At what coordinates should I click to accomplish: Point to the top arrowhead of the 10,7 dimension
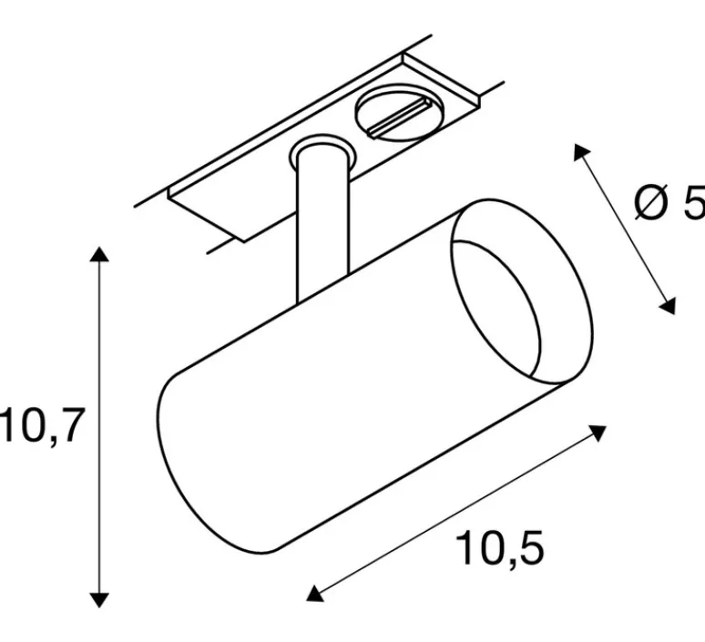(x=100, y=254)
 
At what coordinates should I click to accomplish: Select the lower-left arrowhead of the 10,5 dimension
(x=314, y=594)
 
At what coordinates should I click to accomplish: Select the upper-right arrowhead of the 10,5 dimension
(x=598, y=430)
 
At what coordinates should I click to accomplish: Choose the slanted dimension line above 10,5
(x=455, y=513)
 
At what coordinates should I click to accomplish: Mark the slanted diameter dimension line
(x=625, y=229)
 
